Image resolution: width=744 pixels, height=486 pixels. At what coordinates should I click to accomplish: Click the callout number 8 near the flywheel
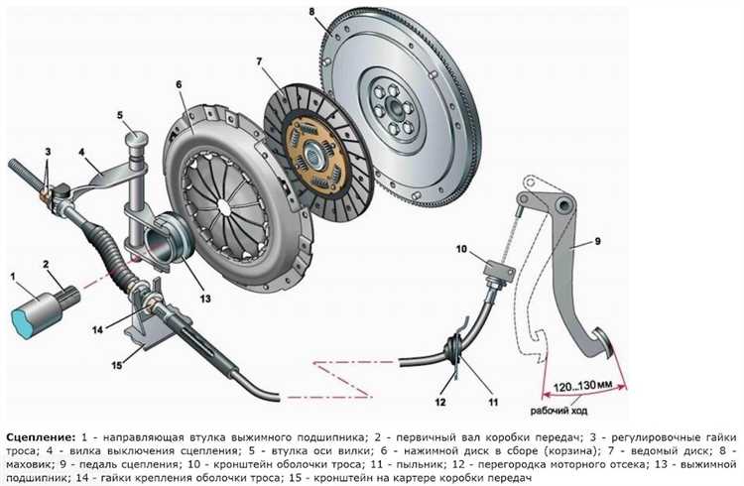pos(311,11)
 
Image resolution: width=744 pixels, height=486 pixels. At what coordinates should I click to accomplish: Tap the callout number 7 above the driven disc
pos(259,62)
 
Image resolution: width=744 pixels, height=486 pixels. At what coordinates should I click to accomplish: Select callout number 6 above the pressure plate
pos(179,84)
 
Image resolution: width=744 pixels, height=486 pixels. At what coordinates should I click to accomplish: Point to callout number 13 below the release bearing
pos(205,299)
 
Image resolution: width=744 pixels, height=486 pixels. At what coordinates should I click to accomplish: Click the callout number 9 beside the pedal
pos(597,242)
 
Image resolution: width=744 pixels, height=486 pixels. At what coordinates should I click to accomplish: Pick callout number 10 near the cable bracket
pos(461,249)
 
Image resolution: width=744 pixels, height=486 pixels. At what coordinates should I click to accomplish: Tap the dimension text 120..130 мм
pos(582,386)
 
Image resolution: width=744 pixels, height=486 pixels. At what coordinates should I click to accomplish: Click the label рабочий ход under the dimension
pos(558,411)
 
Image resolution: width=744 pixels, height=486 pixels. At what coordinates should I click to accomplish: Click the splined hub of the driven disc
pos(312,155)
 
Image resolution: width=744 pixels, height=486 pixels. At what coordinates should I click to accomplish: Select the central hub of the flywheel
pos(394,107)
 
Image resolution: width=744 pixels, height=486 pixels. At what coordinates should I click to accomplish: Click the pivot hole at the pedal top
pos(564,206)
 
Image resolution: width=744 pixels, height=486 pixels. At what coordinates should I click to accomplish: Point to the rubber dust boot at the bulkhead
pos(454,350)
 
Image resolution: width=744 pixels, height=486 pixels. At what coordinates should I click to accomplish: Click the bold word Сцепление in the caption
pos(41,436)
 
